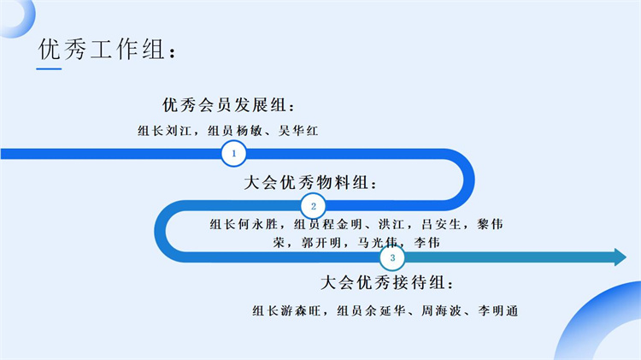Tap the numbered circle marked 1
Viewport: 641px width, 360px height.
click(x=233, y=154)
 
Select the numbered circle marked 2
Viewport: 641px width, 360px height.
click(x=313, y=206)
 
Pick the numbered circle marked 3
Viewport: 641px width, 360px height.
click(x=392, y=257)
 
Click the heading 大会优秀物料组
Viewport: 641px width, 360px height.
click(x=310, y=183)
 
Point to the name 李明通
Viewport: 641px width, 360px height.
click(x=497, y=310)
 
